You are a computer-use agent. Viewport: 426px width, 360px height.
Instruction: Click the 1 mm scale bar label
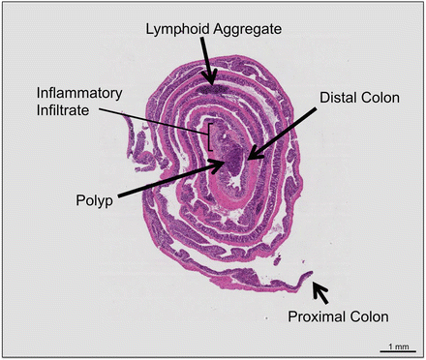397,345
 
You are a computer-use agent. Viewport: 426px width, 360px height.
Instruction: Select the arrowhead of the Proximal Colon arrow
312,282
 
